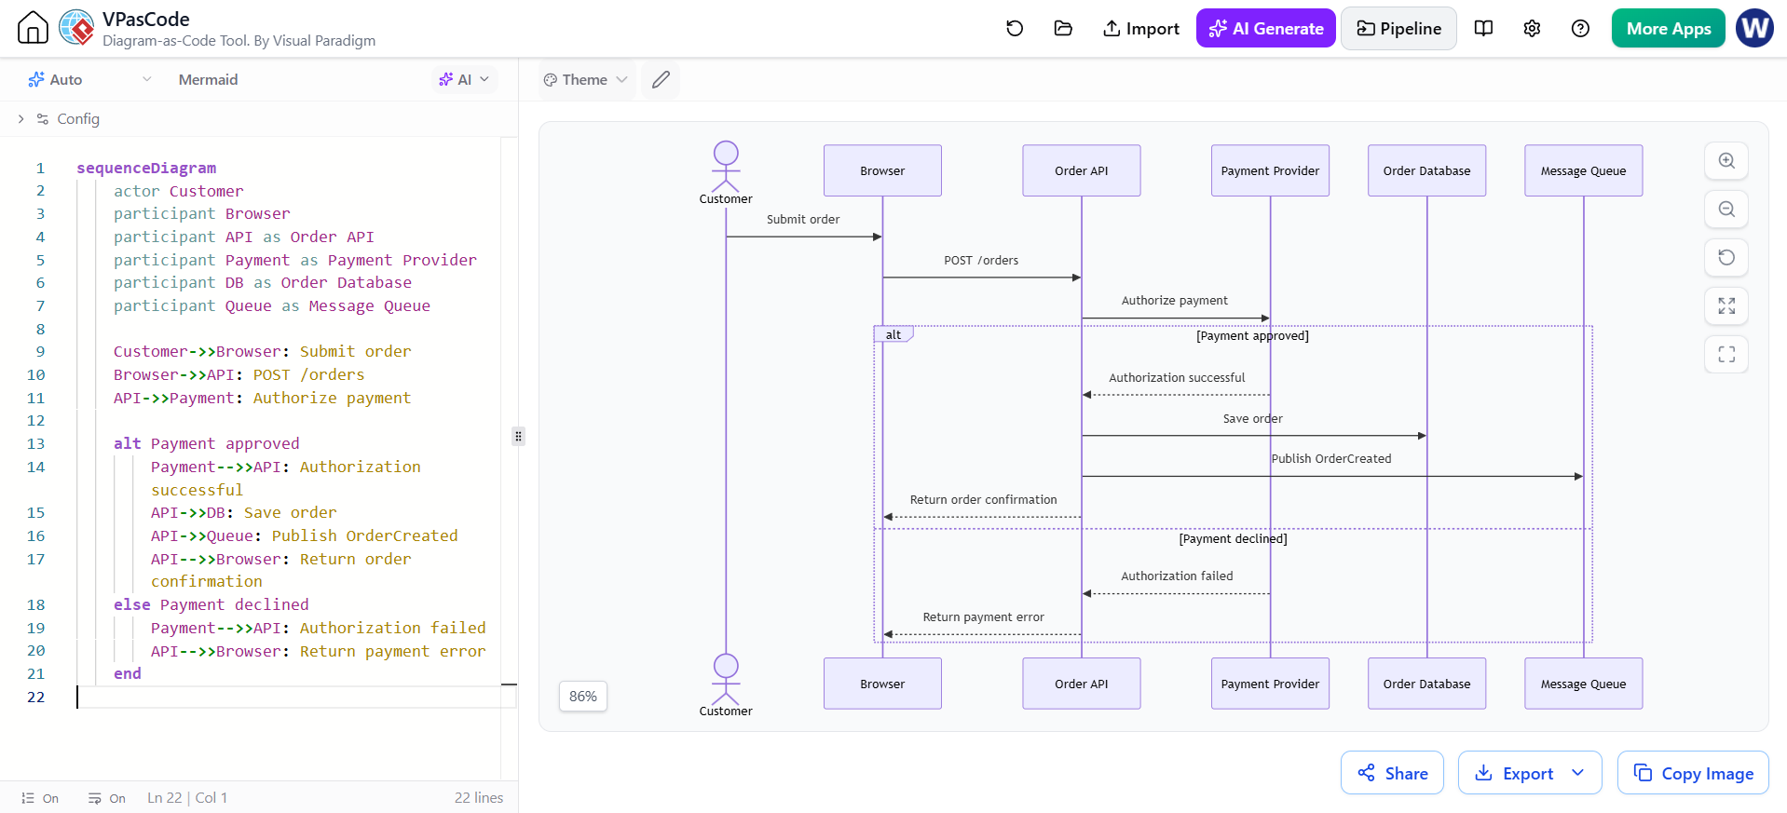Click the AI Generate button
(1265, 29)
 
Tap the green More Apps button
(1668, 29)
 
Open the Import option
(1140, 29)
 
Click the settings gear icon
(1532, 29)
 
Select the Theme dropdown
(586, 80)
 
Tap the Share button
(1392, 773)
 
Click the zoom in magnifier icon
(1726, 161)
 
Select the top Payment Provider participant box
(1270, 170)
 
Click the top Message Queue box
(1583, 170)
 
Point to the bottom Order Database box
(1426, 684)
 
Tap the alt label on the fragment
(893, 334)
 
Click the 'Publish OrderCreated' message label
(1331, 459)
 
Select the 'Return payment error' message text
(983, 617)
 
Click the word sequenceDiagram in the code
(146, 168)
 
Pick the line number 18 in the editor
(35, 604)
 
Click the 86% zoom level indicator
(583, 697)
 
